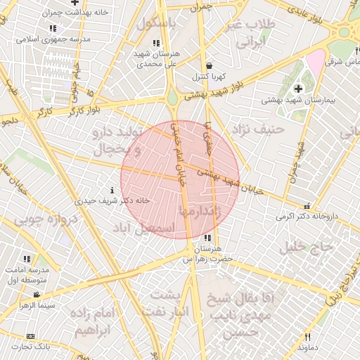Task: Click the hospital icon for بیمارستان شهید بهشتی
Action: [x=298, y=89]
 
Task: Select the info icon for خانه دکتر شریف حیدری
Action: [x=112, y=190]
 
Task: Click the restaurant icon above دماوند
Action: [x=307, y=337]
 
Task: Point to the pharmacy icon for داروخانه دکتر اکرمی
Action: [x=307, y=206]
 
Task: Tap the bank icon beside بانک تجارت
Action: [x=30, y=336]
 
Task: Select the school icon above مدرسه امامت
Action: [x=27, y=259]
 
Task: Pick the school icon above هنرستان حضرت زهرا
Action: [x=211, y=238]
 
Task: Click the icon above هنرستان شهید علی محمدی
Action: [x=156, y=43]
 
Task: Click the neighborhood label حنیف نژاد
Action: [x=259, y=129]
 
